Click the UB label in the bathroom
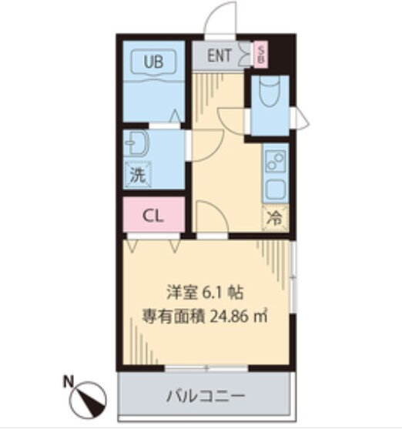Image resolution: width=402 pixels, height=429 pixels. (153, 62)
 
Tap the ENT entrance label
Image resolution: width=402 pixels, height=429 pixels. (219, 55)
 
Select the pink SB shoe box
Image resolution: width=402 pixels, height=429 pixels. (260, 54)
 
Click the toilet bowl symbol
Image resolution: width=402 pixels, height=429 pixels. (270, 91)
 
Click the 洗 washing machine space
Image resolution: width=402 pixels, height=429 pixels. (137, 175)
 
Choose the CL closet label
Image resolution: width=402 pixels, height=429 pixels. (153, 216)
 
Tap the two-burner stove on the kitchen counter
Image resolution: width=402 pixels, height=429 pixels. (276, 161)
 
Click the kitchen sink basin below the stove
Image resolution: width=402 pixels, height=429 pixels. (276, 189)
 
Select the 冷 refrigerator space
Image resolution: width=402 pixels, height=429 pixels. (275, 218)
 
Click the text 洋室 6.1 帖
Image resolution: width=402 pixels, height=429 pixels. (205, 293)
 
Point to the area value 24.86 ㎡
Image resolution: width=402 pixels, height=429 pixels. (239, 317)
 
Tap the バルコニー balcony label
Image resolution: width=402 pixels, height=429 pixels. (206, 396)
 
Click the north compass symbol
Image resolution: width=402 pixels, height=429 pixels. (88, 399)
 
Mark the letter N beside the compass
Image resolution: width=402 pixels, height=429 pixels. (69, 382)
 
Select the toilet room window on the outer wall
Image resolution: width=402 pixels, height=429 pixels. (299, 118)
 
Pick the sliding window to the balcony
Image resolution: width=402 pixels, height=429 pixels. (206, 368)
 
